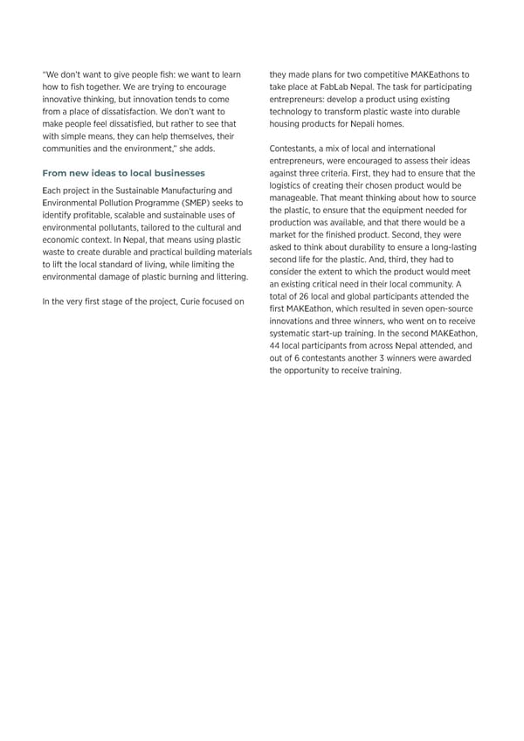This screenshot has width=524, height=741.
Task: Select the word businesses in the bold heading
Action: (x=173, y=173)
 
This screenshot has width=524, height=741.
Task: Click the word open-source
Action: (x=447, y=308)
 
